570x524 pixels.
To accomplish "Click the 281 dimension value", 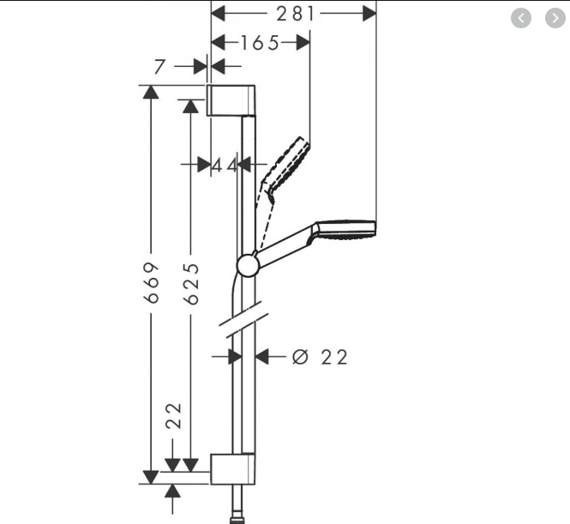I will (295, 13).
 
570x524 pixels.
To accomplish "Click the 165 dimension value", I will (260, 42).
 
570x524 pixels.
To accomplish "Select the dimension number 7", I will (159, 67).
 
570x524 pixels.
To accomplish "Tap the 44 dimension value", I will (225, 165).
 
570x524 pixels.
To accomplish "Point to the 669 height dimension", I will (152, 282).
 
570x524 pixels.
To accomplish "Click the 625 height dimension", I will (190, 282).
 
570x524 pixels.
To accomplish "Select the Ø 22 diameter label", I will (320, 357).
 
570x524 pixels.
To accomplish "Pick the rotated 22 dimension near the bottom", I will (174, 416).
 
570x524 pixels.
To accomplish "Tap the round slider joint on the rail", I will (248, 266).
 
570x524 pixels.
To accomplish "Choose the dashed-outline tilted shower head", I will (286, 163).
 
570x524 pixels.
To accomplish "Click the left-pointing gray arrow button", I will (521, 18).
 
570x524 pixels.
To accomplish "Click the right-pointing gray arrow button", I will (555, 18).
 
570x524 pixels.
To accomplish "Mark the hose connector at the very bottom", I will (235, 518).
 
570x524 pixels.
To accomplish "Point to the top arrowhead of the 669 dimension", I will (152, 91).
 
